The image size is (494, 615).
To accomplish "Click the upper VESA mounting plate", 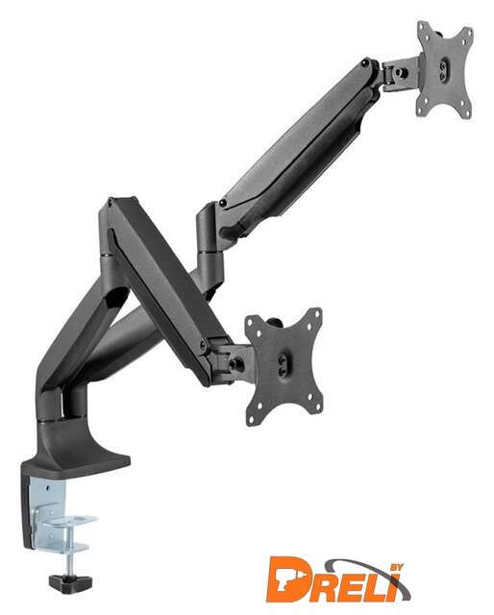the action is coord(445,69).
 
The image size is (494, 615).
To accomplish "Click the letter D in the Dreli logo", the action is coord(288,579).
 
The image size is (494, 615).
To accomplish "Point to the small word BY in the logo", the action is coord(396,569).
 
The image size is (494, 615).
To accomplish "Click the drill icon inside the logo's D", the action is coord(285,580).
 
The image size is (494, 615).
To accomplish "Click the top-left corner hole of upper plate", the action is coord(422,27).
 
